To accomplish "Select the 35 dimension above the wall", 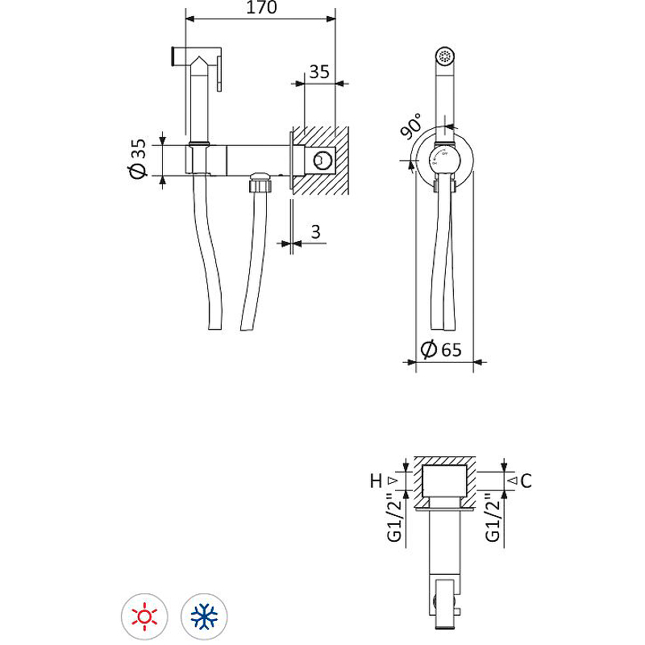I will (x=319, y=71).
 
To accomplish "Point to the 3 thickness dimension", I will (x=316, y=232).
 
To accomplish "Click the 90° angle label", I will (x=412, y=127).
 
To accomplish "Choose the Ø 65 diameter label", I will (x=442, y=349).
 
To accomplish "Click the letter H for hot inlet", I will (x=376, y=481).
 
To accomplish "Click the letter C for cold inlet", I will (x=526, y=481).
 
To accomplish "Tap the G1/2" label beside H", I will (x=393, y=518).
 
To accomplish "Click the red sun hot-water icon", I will (x=144, y=617).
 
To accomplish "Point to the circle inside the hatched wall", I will (x=323, y=160).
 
